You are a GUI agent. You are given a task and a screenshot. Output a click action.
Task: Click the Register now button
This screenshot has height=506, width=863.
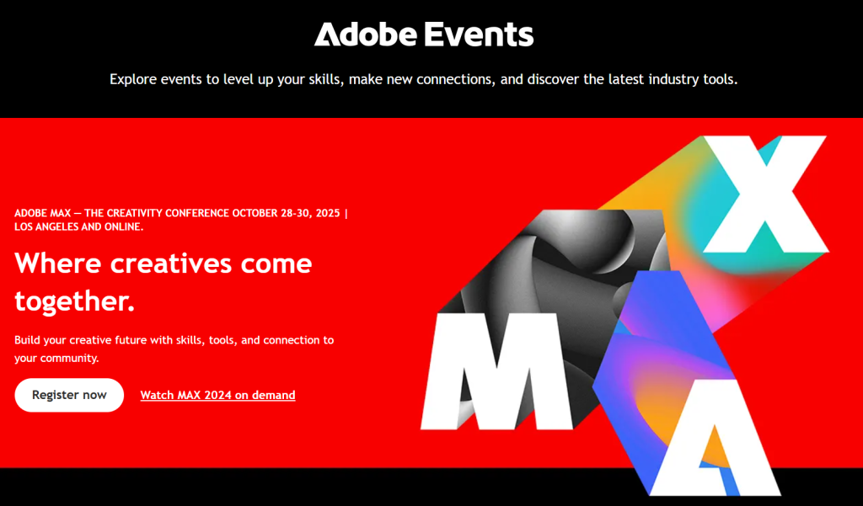69,395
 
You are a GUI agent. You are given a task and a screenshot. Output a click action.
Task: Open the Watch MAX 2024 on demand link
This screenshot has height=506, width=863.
217,395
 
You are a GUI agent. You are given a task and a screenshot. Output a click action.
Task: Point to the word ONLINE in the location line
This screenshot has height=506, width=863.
122,227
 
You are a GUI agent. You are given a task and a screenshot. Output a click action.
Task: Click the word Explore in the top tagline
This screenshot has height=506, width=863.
133,80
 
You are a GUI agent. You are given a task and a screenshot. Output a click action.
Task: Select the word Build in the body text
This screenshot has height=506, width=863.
28,340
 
